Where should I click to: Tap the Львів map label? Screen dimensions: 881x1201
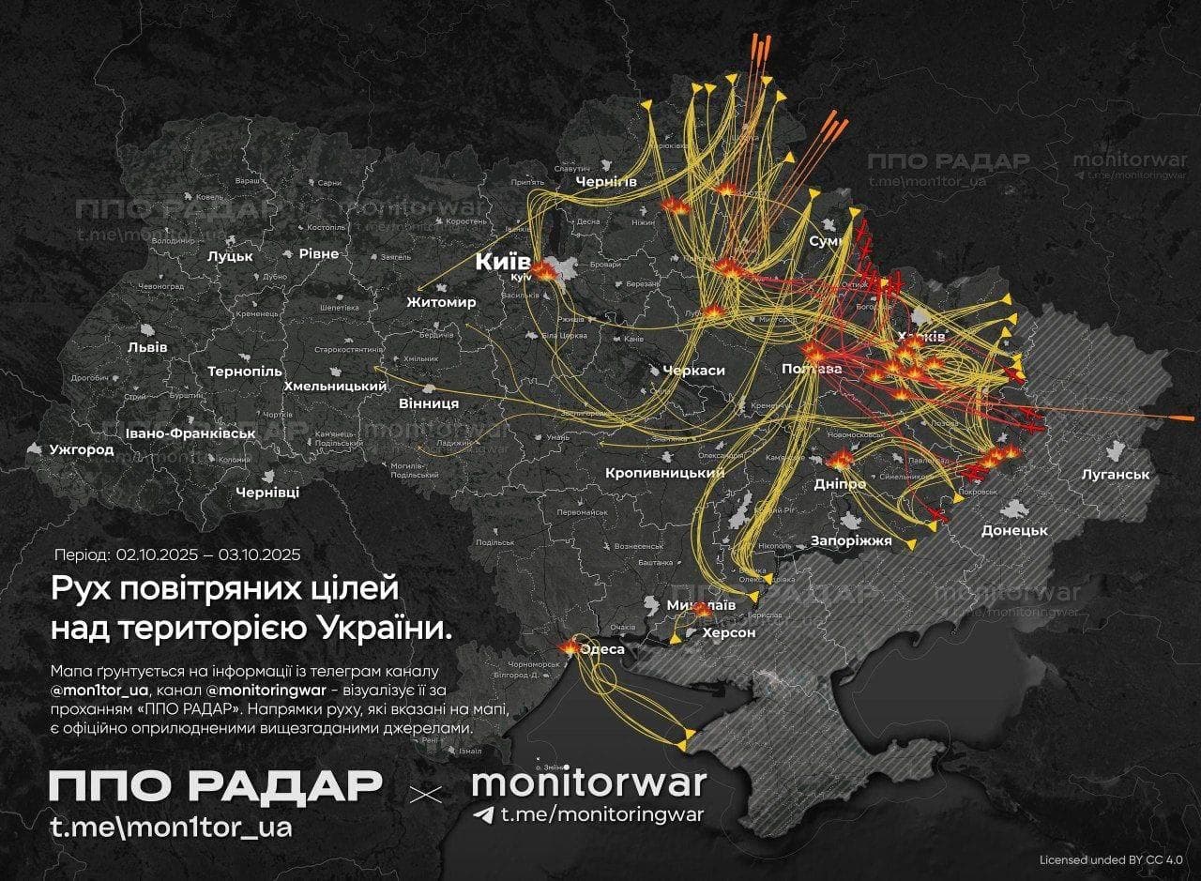tap(147, 346)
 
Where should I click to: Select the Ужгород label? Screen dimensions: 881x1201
tap(83, 449)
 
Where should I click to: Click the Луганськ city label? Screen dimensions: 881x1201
tap(1115, 474)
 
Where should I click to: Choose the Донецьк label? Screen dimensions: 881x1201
tap(1013, 530)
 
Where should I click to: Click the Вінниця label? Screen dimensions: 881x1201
tap(429, 403)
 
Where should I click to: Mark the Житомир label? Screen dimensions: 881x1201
tap(441, 302)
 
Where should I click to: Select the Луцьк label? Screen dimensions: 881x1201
tap(231, 255)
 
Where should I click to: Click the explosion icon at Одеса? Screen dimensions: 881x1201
tap(570, 646)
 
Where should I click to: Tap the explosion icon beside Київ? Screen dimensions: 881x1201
tap(544, 270)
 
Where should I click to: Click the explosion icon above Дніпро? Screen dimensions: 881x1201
tap(841, 459)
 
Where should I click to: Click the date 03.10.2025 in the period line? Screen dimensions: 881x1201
tap(259, 554)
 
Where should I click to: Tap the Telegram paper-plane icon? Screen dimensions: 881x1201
tap(483, 814)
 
